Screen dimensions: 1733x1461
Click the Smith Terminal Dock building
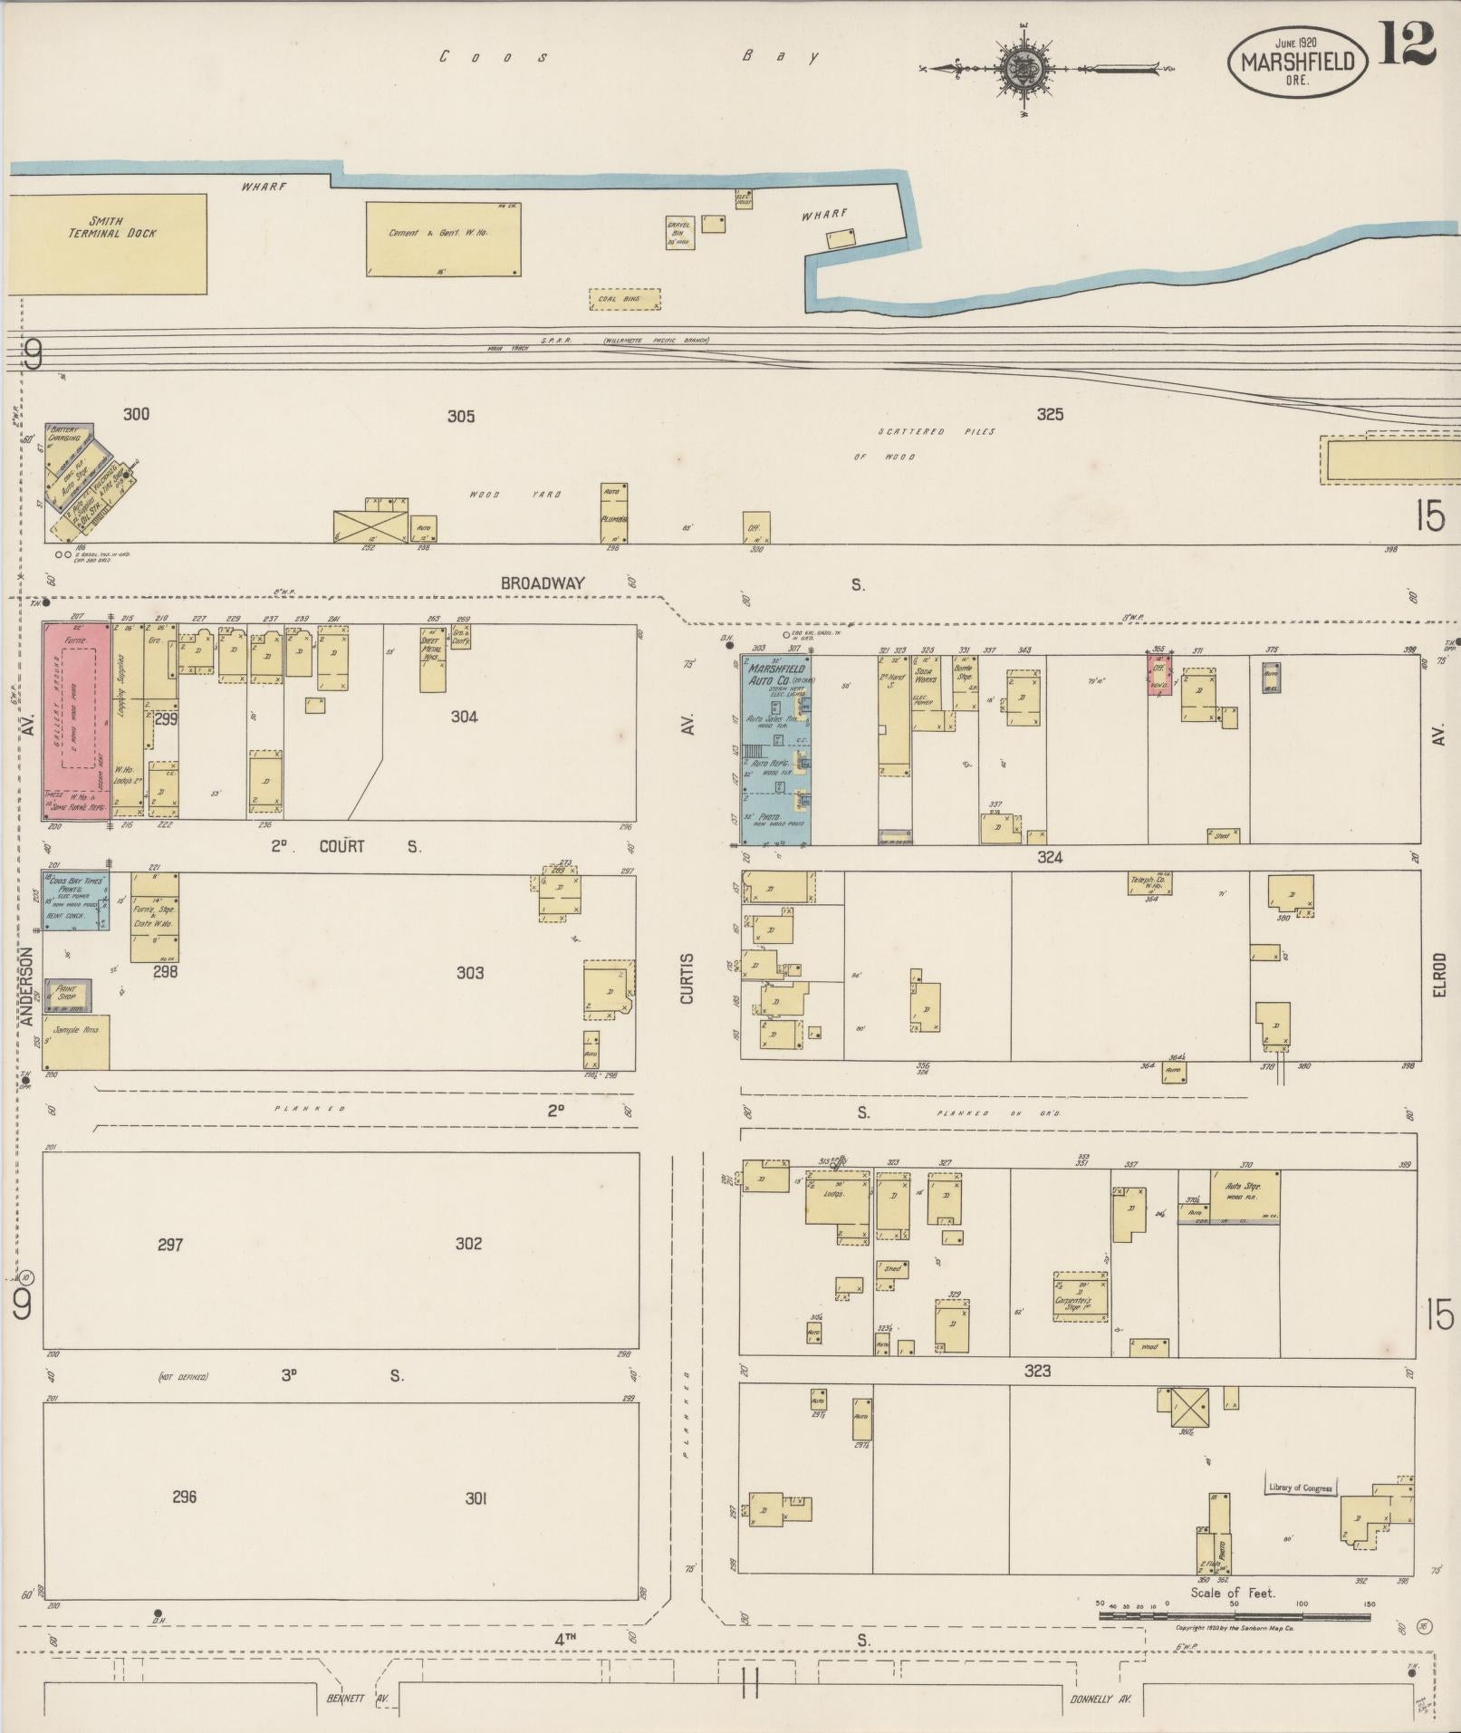(x=110, y=243)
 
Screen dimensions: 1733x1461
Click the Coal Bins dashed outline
(x=625, y=299)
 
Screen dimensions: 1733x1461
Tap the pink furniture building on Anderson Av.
(x=76, y=715)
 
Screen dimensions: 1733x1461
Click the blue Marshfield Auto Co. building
(x=777, y=748)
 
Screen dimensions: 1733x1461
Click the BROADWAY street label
(x=543, y=584)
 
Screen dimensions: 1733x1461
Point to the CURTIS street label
(x=687, y=978)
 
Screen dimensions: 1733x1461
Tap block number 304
(x=464, y=717)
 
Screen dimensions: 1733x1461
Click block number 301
(x=476, y=1498)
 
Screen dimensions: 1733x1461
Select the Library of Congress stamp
(x=1299, y=1488)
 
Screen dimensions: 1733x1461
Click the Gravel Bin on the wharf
(x=679, y=233)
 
